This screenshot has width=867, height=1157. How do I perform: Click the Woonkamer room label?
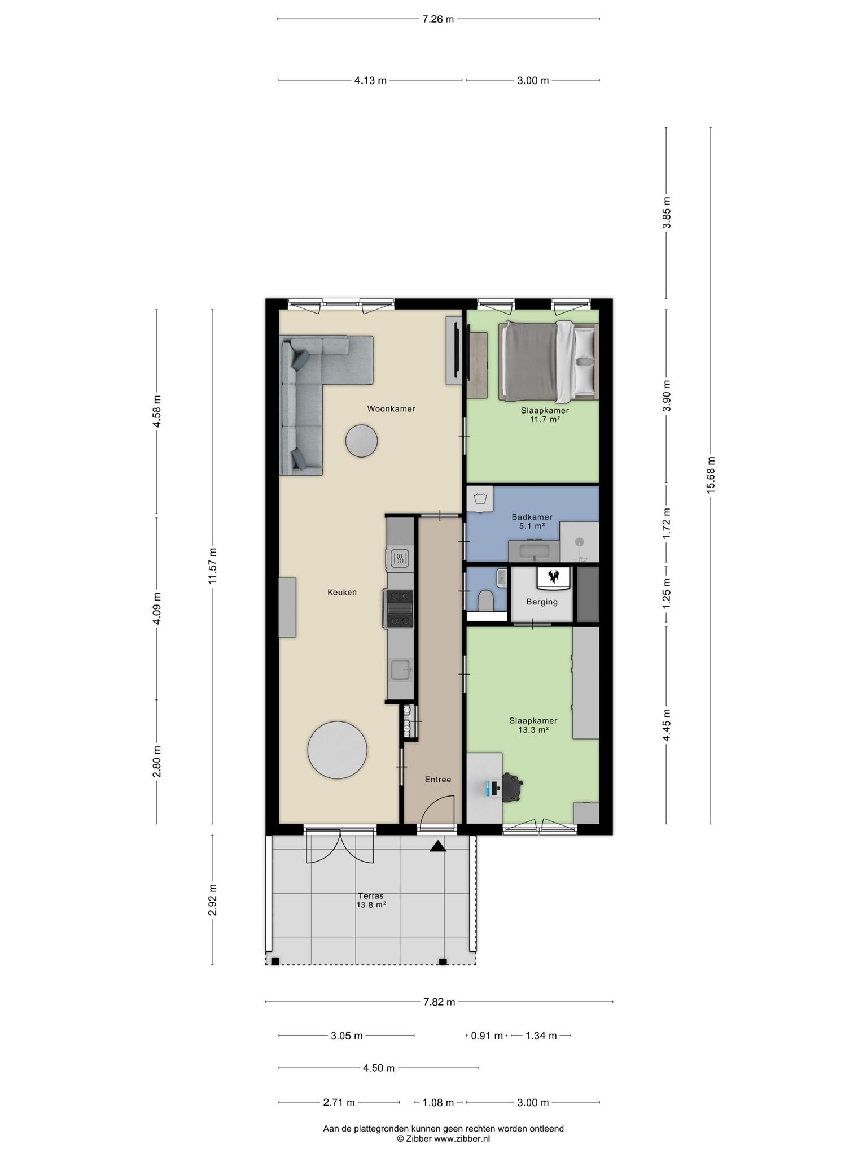pyautogui.click(x=391, y=408)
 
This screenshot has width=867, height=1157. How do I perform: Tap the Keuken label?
pyautogui.click(x=342, y=593)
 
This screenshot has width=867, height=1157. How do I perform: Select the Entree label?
pyautogui.click(x=438, y=780)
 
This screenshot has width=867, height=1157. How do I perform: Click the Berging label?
pyautogui.click(x=542, y=602)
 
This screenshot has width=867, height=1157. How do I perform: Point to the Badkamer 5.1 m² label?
pyautogui.click(x=532, y=521)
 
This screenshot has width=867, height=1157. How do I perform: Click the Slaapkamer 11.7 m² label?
pyautogui.click(x=545, y=415)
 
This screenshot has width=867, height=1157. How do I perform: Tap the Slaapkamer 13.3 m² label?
pyautogui.click(x=533, y=725)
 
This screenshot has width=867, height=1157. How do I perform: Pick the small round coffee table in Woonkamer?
pyautogui.click(x=361, y=441)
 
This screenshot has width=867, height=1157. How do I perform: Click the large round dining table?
pyautogui.click(x=337, y=750)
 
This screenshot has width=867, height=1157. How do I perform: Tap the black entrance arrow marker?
pyautogui.click(x=438, y=846)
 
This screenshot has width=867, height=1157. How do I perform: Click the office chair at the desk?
pyautogui.click(x=511, y=787)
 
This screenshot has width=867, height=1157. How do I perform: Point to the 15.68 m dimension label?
pyautogui.click(x=711, y=475)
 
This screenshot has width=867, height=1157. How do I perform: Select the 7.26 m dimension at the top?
pyautogui.click(x=438, y=19)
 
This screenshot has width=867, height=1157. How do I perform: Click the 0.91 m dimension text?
pyautogui.click(x=487, y=1036)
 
